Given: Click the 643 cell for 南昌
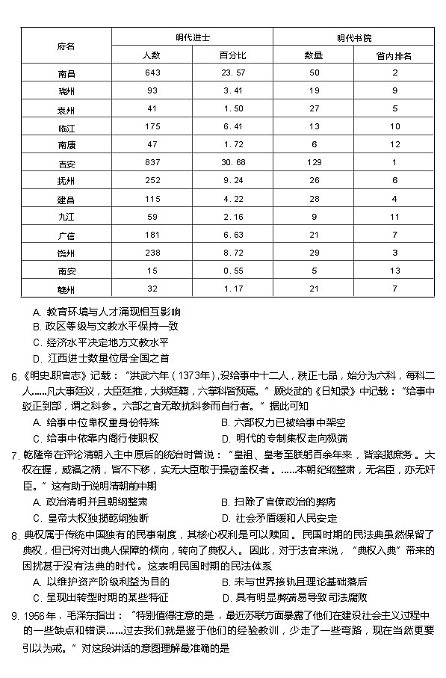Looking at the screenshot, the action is coord(152,73).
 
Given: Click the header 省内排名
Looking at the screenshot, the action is coord(394,55).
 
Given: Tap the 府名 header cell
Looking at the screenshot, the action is coord(66,46).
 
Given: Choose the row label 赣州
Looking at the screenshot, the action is coord(66,289).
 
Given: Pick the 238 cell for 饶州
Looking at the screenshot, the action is coord(152,253).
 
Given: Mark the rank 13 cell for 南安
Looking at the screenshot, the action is coord(394,271).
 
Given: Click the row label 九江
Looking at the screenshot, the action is coord(66,217).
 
